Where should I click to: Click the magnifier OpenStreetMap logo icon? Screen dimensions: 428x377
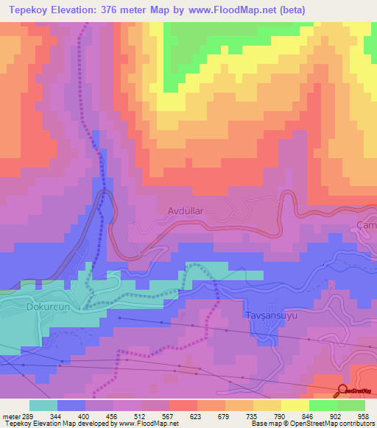coord(342,390)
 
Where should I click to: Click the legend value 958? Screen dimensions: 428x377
coord(362,415)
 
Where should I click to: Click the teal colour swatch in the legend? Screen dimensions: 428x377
coord(43,405)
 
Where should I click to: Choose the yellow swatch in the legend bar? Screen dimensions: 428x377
coord(295,405)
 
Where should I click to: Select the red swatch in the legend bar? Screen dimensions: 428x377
coord(183,405)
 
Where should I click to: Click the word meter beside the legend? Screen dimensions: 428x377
coord(11,415)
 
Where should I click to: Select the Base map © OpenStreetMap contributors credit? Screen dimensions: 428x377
coord(311,424)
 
